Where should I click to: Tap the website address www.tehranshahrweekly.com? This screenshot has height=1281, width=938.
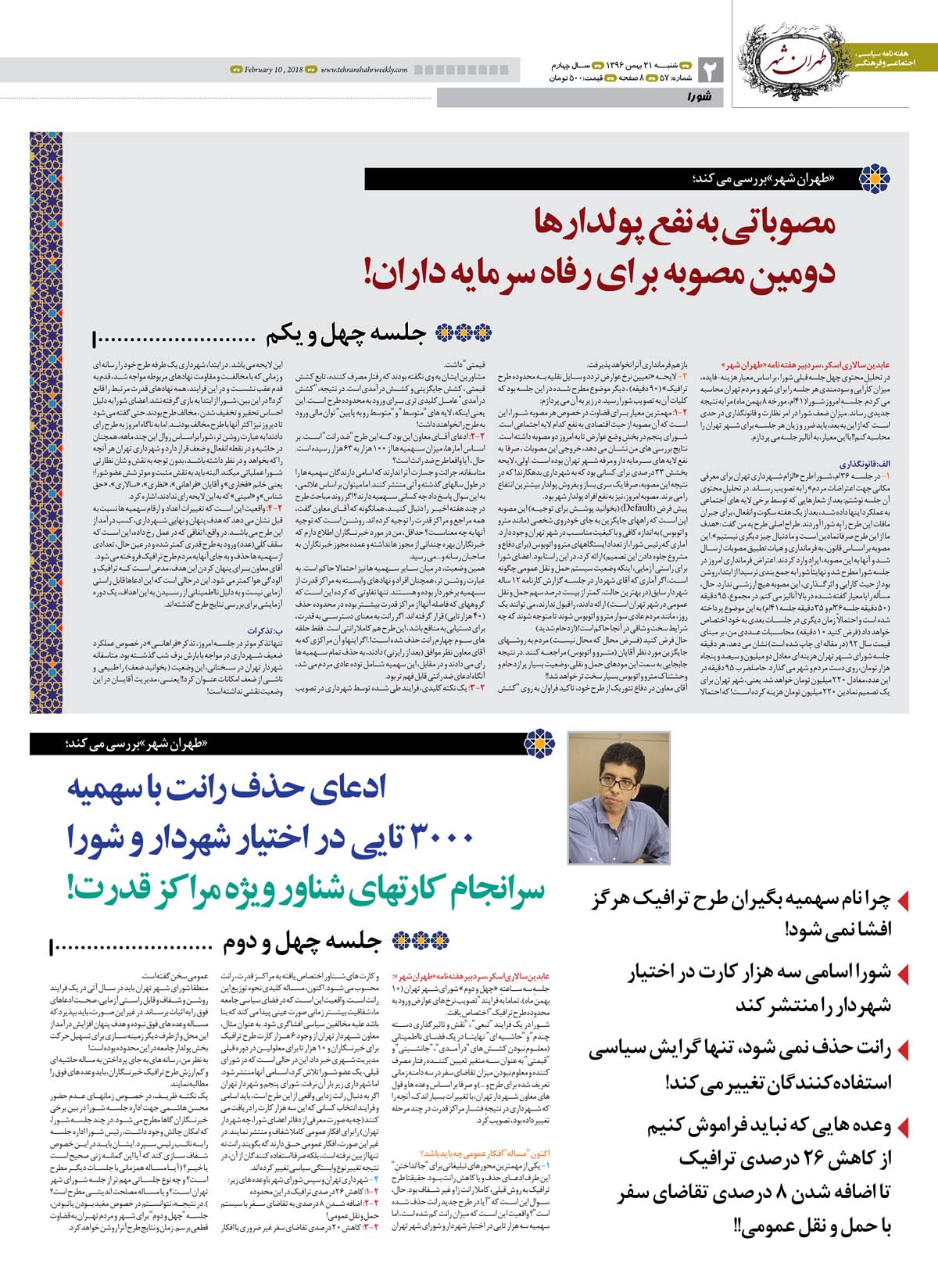click(x=363, y=70)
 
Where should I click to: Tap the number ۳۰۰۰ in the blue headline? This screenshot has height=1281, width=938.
click(x=437, y=838)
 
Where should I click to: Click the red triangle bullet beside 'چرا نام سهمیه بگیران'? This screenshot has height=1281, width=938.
click(x=904, y=901)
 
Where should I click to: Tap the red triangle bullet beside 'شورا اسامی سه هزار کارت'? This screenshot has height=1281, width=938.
click(x=904, y=974)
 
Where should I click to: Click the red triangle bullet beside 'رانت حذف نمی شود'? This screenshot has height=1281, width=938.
click(x=904, y=1050)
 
